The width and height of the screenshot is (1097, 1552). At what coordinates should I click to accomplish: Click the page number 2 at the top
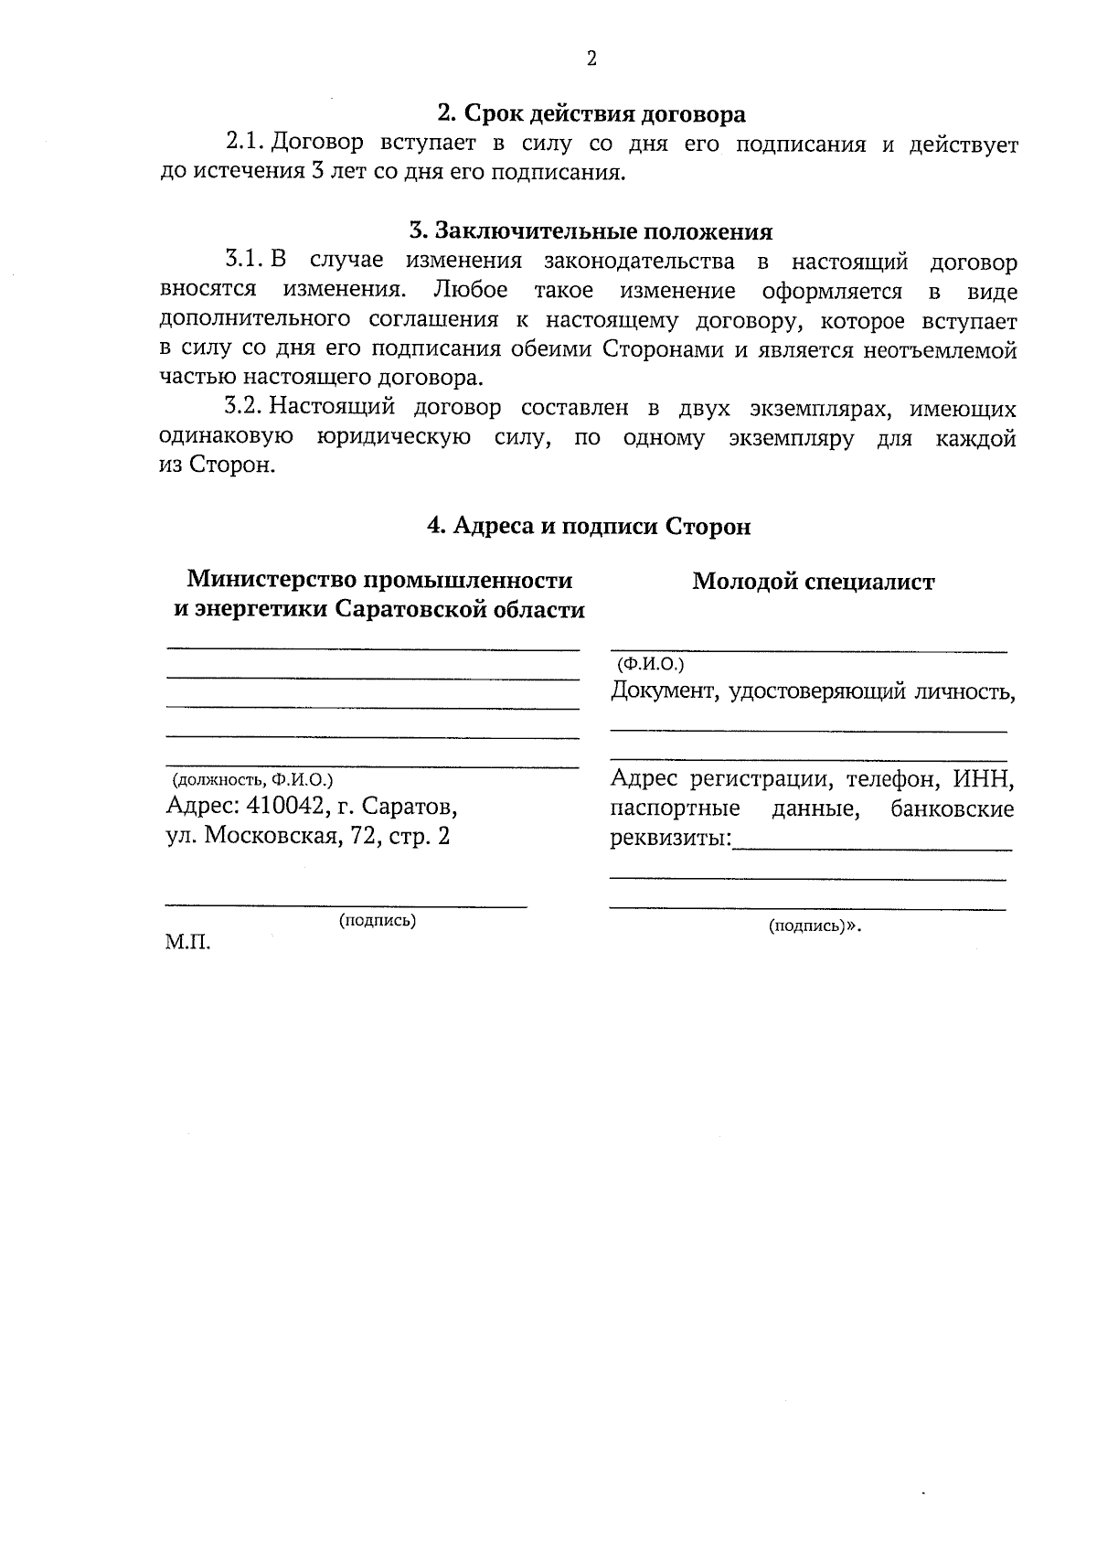tap(591, 59)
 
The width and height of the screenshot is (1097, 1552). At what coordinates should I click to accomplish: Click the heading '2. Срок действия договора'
tap(591, 114)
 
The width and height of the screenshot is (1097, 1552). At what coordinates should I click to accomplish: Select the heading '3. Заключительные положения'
tap(591, 230)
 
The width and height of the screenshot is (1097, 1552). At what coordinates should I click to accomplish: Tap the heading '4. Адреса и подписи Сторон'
tap(590, 527)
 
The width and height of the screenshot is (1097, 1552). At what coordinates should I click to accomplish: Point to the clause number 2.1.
tap(245, 144)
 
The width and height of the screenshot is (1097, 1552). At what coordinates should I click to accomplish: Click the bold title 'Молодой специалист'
tap(813, 582)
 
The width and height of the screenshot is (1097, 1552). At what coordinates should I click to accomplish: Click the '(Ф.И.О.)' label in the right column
tap(651, 664)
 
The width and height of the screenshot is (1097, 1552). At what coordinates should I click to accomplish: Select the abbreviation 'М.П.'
tap(188, 942)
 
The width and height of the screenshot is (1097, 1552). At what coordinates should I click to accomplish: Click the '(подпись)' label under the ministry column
tap(378, 921)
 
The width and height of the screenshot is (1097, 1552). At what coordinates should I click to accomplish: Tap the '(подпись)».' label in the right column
tap(815, 926)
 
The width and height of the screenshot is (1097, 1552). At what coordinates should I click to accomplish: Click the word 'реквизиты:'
tap(671, 838)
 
